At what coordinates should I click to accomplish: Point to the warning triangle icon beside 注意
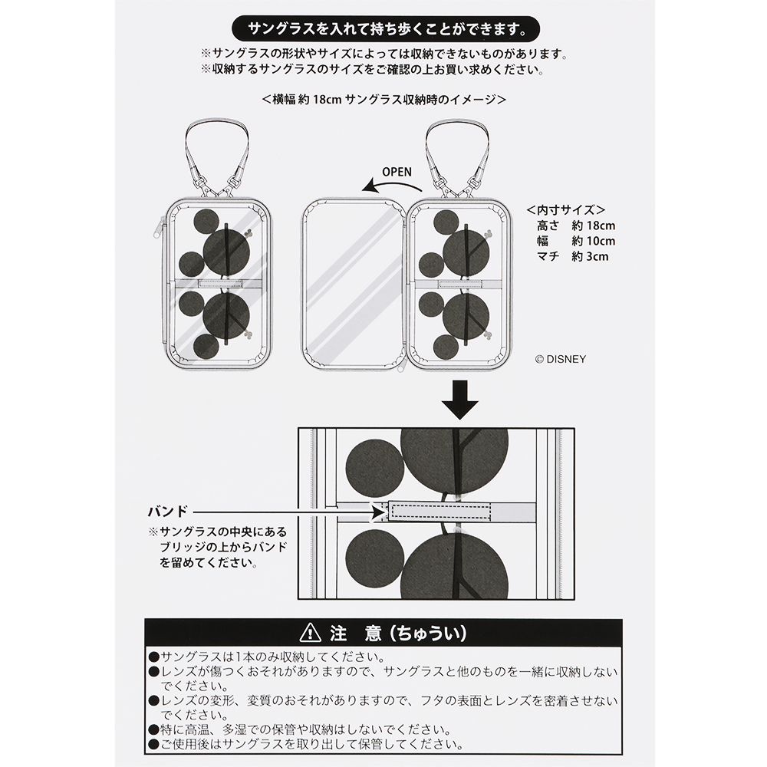click(x=310, y=634)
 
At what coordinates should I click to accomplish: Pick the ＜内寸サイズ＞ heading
click(x=567, y=209)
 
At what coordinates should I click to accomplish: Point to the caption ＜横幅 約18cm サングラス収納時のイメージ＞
click(x=383, y=100)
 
